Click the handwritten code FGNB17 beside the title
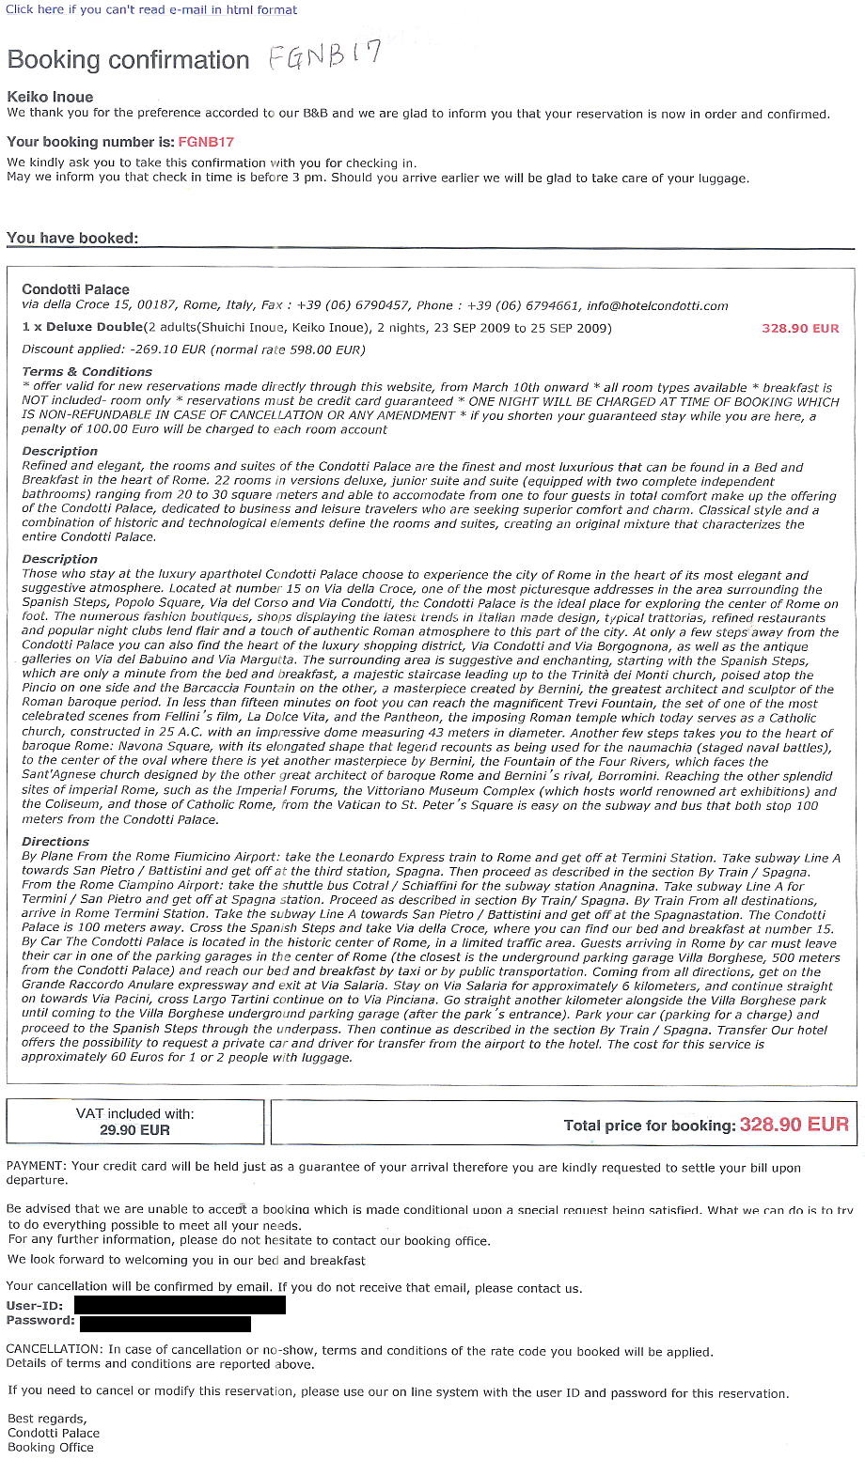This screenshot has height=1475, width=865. [x=324, y=56]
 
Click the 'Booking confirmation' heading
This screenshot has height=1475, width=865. [x=128, y=60]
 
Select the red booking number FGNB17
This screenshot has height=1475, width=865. [x=206, y=142]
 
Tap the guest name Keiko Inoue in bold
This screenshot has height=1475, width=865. [x=50, y=97]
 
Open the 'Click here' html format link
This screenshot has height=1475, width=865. [x=151, y=9]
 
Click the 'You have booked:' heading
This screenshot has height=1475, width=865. [x=72, y=238]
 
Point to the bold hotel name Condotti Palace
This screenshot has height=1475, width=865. [x=75, y=289]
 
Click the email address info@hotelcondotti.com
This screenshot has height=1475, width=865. [x=657, y=305]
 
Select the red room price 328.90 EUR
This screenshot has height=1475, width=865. [x=800, y=328]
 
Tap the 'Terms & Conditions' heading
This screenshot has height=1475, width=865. [x=86, y=372]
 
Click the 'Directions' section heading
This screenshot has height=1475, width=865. [x=55, y=842]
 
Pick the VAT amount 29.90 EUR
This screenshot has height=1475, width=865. [x=134, y=1130]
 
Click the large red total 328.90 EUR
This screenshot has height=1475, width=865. [x=794, y=1125]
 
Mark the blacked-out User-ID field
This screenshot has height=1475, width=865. [x=179, y=1305]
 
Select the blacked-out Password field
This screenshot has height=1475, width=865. [x=165, y=1323]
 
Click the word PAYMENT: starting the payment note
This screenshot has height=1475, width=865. [x=37, y=1167]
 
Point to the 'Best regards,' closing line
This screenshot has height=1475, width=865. [x=47, y=1419]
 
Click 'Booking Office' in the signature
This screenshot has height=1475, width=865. [x=51, y=1448]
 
